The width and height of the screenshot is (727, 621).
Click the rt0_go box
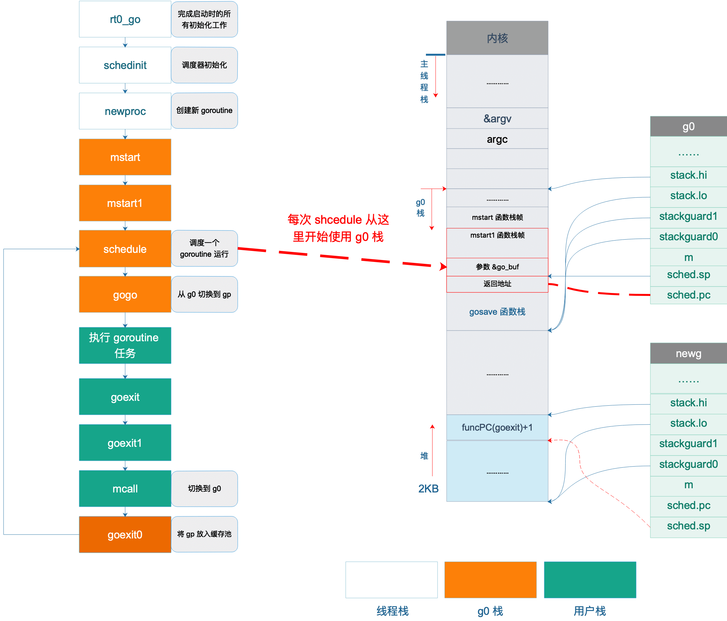coord(125,19)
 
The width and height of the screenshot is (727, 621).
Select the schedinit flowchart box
coord(125,65)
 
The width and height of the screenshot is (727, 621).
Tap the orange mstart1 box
coord(125,203)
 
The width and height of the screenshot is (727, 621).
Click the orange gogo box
coord(125,294)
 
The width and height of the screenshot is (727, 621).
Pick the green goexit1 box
coord(125,443)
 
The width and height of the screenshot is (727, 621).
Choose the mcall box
coord(125,489)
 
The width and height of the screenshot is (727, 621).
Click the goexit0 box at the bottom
coord(125,535)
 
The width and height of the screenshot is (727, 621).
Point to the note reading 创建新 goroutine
coord(204,111)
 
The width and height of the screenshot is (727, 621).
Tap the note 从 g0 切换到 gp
coord(204,294)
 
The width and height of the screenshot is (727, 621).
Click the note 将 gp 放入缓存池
coord(204,534)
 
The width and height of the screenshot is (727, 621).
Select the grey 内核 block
coord(497,38)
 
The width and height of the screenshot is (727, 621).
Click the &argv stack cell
coord(497,119)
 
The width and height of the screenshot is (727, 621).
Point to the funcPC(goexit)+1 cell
coord(497,427)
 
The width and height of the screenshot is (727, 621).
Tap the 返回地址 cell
coord(497,284)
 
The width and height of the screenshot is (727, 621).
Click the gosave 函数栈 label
coord(497,312)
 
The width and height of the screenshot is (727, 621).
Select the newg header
coord(689,353)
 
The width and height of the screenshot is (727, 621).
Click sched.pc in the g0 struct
coord(689,295)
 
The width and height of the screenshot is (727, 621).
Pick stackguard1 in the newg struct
coord(689,444)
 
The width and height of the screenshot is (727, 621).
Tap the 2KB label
coord(429,489)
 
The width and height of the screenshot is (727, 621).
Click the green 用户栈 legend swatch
coord(590,580)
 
